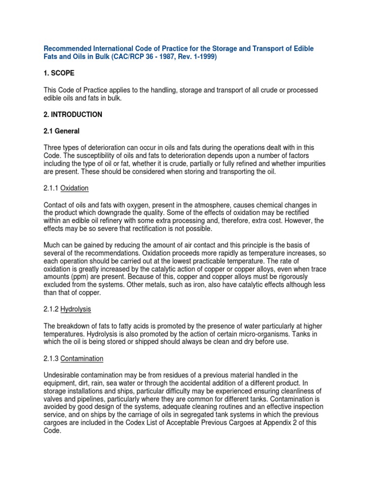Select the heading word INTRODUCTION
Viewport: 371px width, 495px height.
tap(76, 115)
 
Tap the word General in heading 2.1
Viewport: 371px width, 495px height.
tap(68, 131)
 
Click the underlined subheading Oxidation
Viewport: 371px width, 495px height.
tap(74, 188)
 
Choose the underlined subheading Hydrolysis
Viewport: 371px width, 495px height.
tap(76, 308)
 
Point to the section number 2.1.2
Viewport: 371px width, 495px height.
tap(51, 308)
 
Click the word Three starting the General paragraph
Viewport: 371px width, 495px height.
tap(53, 148)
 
